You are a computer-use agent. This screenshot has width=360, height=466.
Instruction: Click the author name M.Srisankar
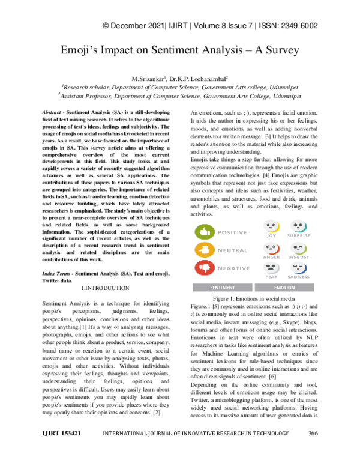click(148, 79)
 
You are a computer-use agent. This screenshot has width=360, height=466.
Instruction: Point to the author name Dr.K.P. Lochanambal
click(197, 79)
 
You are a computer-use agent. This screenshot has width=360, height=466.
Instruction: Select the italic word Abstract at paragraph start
click(54, 113)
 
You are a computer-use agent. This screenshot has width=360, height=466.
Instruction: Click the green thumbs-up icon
click(205, 232)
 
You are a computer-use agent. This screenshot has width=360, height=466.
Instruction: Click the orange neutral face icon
click(205, 250)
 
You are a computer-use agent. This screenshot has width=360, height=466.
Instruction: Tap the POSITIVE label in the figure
click(232, 232)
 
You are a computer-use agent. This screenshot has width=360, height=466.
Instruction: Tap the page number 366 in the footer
click(312, 449)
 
